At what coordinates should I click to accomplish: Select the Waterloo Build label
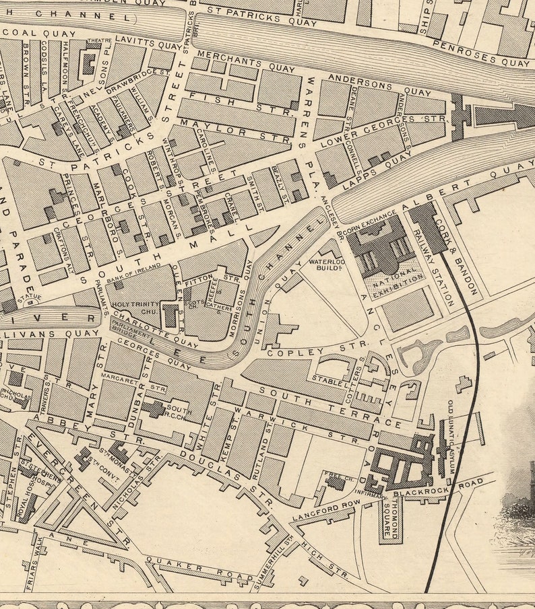pos(327,264)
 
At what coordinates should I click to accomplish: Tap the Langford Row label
pos(317,512)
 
